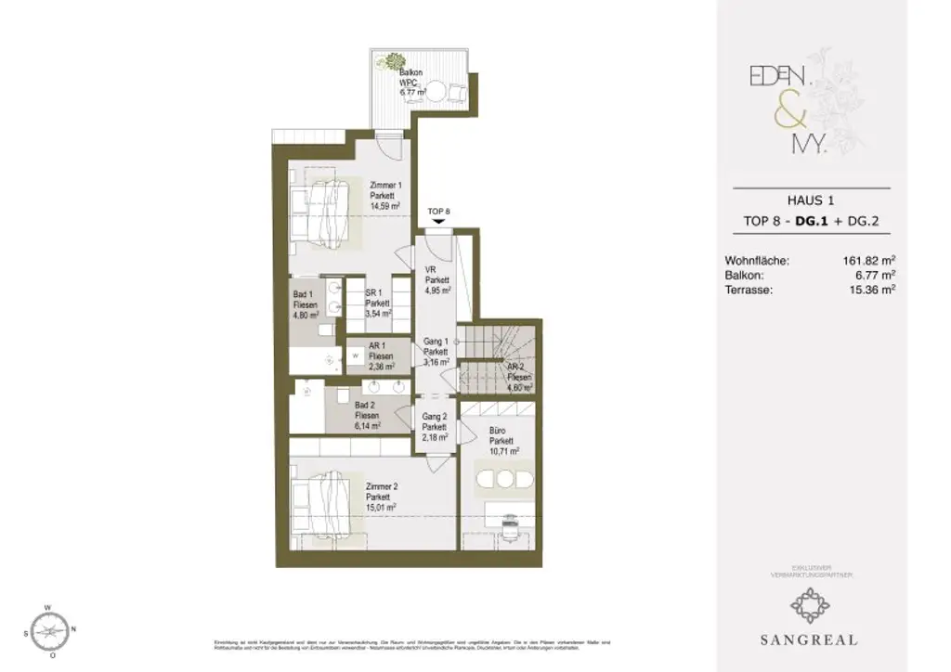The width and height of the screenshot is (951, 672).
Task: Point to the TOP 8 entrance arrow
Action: [x=438, y=223]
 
